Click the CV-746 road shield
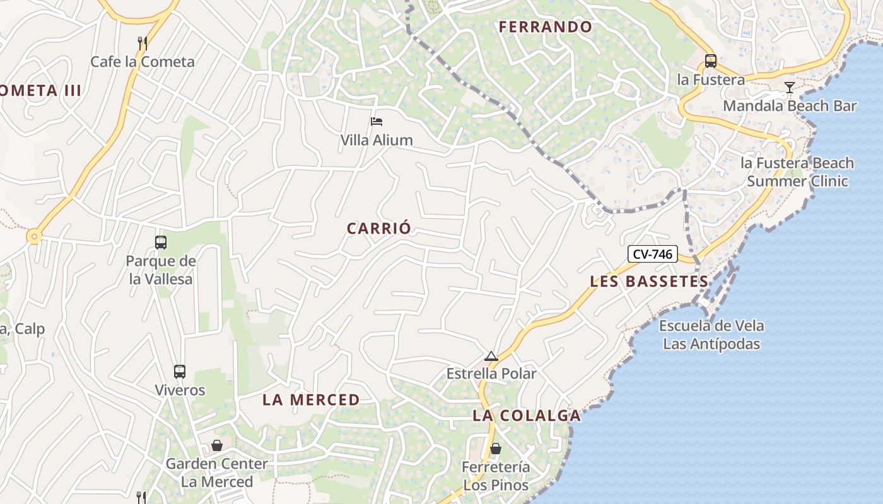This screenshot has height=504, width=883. [x=652, y=255]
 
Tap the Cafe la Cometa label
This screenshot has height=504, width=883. [x=143, y=62]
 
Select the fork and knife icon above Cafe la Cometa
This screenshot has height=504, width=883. [x=143, y=43]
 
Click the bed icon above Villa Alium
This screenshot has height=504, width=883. [x=377, y=121]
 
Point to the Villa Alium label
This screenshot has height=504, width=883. [x=377, y=140]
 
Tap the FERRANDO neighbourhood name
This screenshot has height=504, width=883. [x=546, y=27]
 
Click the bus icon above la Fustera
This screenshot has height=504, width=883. [x=711, y=61]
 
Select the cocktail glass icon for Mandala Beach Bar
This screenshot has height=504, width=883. [x=789, y=87]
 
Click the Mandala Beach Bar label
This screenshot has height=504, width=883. [x=790, y=106]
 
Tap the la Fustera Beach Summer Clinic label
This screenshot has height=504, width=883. [x=797, y=172]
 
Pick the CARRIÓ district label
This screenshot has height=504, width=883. [x=379, y=228]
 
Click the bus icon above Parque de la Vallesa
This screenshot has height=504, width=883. [x=161, y=242]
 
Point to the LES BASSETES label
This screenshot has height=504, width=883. [x=649, y=282]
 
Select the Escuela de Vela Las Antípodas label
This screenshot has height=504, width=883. [x=711, y=335]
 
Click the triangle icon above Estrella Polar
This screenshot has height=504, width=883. [x=491, y=357]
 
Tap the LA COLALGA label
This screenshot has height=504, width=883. [x=527, y=416]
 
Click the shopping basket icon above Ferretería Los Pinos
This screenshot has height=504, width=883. [x=496, y=449]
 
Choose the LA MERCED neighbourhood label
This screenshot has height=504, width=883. [x=311, y=399]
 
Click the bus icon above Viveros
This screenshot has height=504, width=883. [x=180, y=372]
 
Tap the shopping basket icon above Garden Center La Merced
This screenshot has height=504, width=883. [x=217, y=445]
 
